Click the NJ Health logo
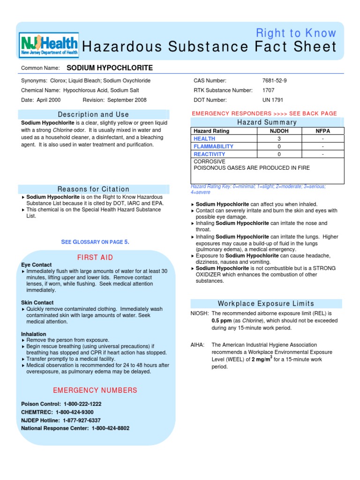(49, 45)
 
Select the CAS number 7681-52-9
(275, 81)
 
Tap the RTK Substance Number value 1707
(269, 90)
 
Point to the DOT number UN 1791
(273, 100)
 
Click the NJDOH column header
(279, 131)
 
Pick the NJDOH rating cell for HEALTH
(279, 139)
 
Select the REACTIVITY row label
(210, 154)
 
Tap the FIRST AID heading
(95, 258)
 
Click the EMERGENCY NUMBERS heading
(95, 390)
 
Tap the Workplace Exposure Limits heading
(266, 304)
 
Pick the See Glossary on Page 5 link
(95, 242)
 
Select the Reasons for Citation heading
(93, 189)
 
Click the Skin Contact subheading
(37, 303)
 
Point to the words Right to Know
(296, 33)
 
